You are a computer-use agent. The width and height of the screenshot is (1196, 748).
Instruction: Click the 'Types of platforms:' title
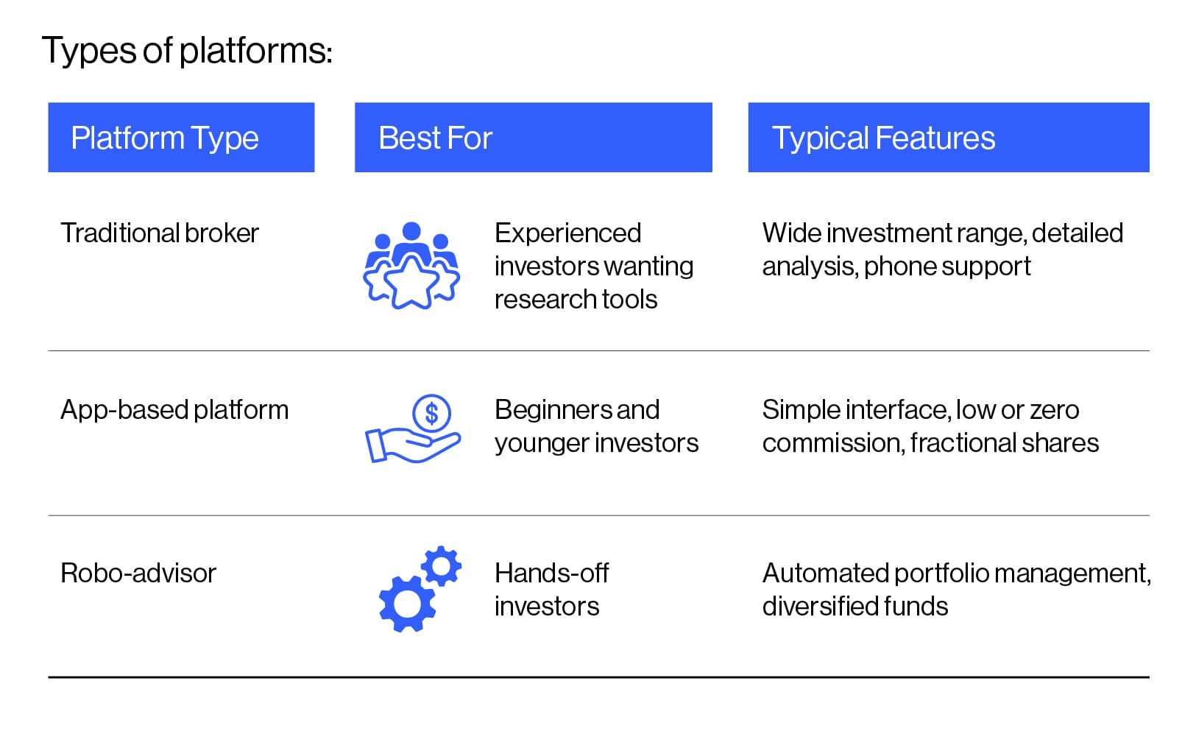pyautogui.click(x=187, y=51)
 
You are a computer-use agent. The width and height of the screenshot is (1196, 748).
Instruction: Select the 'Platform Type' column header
pyautogui.click(x=165, y=138)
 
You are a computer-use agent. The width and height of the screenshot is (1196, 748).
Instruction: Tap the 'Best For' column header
pyautogui.click(x=435, y=138)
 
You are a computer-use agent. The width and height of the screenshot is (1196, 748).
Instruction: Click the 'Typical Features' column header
pyautogui.click(x=883, y=138)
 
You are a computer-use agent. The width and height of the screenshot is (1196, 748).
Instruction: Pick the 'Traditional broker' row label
pyautogui.click(x=160, y=233)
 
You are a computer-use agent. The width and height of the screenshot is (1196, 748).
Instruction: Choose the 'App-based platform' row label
pyautogui.click(x=174, y=409)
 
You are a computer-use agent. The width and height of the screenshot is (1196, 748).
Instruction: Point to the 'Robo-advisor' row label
pyautogui.click(x=138, y=573)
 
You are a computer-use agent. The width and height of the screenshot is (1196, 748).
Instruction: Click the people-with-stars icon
pyautogui.click(x=411, y=265)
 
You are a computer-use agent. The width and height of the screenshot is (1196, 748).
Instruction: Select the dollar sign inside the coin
pyautogui.click(x=432, y=413)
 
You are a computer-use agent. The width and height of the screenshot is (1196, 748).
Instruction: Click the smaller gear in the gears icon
pyautogui.click(x=442, y=566)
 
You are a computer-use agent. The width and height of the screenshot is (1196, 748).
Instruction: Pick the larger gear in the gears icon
pyautogui.click(x=406, y=604)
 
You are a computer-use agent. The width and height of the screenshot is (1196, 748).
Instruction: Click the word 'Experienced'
pyautogui.click(x=567, y=233)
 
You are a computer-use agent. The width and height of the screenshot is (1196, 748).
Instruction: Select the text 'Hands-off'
pyautogui.click(x=551, y=573)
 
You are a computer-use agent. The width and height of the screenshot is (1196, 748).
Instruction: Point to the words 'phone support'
pyautogui.click(x=947, y=266)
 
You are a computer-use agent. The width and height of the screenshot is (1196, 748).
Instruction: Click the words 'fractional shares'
pyautogui.click(x=1004, y=442)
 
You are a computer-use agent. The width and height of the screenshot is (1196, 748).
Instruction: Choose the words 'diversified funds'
pyautogui.click(x=855, y=606)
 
